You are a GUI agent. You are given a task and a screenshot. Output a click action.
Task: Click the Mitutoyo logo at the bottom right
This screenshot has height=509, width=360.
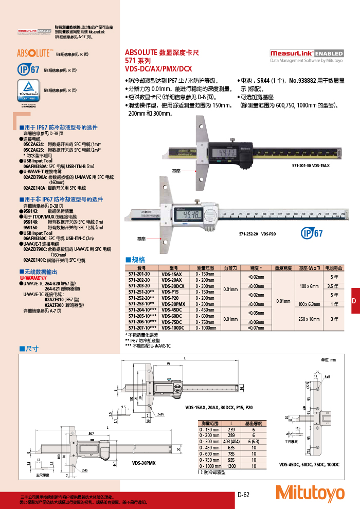pyautogui.click(x=310, y=493)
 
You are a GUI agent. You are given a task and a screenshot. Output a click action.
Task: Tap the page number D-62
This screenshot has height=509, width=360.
pyautogui.click(x=243, y=495)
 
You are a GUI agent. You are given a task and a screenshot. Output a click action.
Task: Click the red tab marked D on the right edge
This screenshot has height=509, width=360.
pyautogui.click(x=354, y=301)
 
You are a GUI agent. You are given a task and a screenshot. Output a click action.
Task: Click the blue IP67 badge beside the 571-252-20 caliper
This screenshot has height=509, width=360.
pyautogui.click(x=311, y=233)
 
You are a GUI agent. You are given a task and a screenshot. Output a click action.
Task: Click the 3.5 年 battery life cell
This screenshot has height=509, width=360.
pyautogui.click(x=332, y=286)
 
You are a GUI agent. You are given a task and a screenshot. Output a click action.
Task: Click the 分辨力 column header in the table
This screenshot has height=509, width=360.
pyautogui.click(x=230, y=268)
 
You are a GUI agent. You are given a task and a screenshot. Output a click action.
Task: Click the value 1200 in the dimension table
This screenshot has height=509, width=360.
pyautogui.click(x=231, y=465)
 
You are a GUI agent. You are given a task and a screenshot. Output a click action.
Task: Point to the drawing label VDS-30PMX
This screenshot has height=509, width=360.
pyautogui.click(x=144, y=463)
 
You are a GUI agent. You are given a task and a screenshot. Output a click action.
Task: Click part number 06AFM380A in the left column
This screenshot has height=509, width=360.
pyautogui.click(x=35, y=167)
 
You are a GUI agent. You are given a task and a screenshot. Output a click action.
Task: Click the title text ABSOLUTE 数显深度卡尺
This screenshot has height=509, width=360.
pyautogui.click(x=162, y=52)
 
